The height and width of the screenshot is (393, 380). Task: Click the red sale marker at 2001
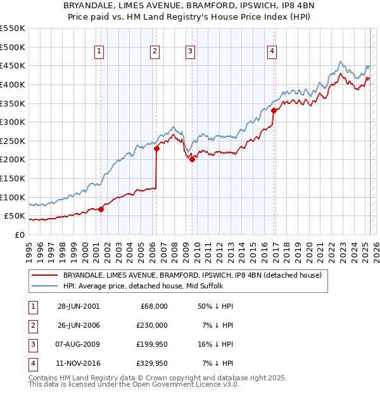point(101,209)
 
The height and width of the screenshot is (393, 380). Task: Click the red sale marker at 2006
point(156,148)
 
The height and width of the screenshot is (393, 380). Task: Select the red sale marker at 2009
point(191,159)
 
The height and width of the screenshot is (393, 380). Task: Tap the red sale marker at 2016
point(274,110)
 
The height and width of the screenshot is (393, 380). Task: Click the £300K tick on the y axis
point(13,122)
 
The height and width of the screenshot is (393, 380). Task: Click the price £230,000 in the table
point(153,325)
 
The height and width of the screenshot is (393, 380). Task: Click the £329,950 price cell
point(153,363)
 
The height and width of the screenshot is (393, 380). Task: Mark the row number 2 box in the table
point(32,325)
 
